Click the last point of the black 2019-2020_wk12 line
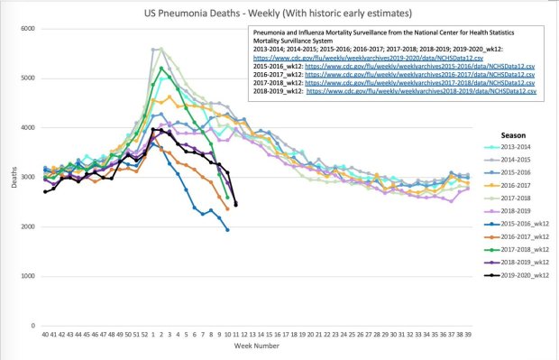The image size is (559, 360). [x=236, y=206]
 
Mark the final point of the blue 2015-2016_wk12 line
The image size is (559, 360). [x=227, y=230]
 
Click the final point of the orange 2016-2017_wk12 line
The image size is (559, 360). [x=227, y=208]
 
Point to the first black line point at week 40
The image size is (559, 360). [x=44, y=191]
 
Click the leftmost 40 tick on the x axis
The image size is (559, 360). [x=44, y=334]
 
